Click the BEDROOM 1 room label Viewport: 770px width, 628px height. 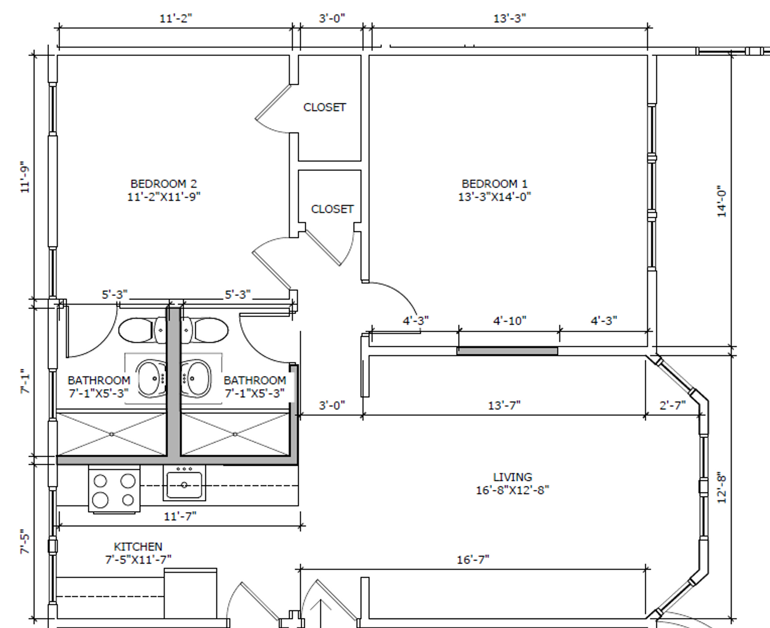[495, 183]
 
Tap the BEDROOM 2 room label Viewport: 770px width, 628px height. [164, 183]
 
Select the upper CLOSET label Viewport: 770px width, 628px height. [325, 107]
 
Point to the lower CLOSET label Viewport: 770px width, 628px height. [332, 209]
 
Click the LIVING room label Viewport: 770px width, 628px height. [513, 477]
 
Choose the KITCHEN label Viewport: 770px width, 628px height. [138, 547]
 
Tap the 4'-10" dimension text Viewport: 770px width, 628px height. [510, 321]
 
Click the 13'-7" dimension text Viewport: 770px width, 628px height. [504, 405]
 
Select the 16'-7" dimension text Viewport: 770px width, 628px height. [473, 560]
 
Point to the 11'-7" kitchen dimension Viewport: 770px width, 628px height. [180, 516]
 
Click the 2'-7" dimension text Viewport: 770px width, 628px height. [673, 405]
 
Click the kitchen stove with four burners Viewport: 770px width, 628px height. [114, 490]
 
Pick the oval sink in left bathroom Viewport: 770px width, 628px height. [151, 379]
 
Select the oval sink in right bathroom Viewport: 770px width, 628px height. [196, 379]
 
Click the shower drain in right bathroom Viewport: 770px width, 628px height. [235, 434]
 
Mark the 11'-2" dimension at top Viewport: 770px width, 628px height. [176, 18]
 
